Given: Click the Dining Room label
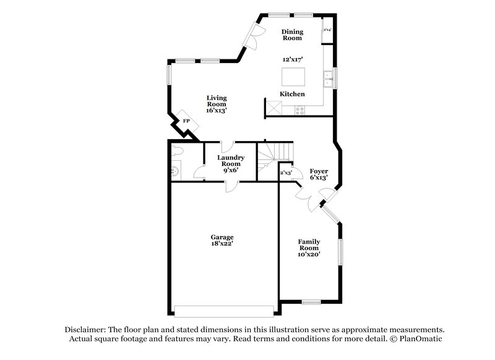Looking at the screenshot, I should click(291, 35).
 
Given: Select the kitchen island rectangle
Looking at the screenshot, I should click(293, 77).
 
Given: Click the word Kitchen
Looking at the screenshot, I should click(292, 94).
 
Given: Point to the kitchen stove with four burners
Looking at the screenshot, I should click(300, 111).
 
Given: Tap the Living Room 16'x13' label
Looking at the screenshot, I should click(217, 104).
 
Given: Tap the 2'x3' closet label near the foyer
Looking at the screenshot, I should click(286, 173).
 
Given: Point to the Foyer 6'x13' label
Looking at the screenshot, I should click(319, 174).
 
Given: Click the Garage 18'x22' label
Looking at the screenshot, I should click(221, 240).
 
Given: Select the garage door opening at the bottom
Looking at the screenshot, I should click(224, 311).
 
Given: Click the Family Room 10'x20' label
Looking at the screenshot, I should click(309, 247).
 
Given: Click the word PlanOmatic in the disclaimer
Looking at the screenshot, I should click(421, 339).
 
